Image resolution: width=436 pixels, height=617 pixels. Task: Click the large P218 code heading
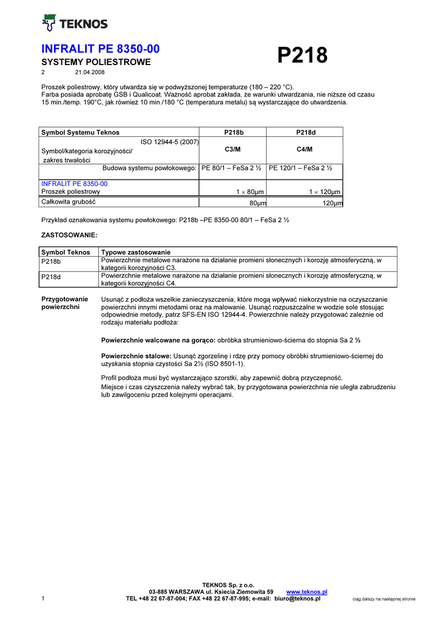tap(302, 55)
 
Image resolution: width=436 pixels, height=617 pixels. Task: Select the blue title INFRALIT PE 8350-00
tap(100, 49)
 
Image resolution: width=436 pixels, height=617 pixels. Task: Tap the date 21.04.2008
tap(90, 72)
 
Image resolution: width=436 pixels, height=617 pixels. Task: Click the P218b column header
tap(234, 133)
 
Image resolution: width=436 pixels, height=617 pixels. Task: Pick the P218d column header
tap(306, 133)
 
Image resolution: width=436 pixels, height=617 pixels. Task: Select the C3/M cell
tap(234, 149)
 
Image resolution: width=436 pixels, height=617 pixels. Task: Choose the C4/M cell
tap(306, 149)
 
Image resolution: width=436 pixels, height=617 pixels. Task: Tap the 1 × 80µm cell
tap(250, 192)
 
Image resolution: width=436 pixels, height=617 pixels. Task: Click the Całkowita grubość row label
tap(68, 202)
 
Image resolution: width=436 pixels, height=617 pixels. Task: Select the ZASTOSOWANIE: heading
tap(69, 234)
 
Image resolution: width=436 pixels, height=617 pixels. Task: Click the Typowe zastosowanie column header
tap(136, 252)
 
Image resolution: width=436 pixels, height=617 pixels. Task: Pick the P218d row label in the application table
tap(51, 278)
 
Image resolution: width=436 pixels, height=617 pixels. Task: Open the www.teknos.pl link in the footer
tap(307, 592)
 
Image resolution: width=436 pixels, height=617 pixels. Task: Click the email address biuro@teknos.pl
tap(297, 598)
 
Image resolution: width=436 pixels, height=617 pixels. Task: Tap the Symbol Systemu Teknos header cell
tap(80, 133)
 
